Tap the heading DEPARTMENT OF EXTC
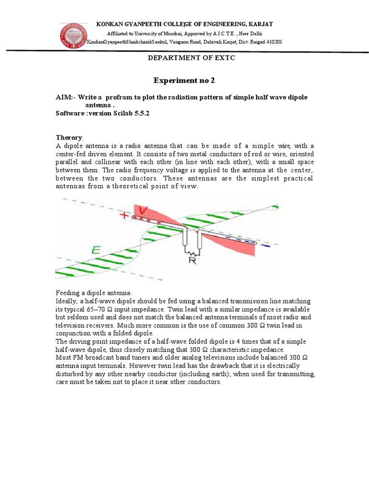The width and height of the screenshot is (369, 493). (x=184, y=58)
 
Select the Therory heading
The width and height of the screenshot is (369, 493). (x=69, y=138)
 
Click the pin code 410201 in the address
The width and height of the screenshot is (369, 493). (x=272, y=42)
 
